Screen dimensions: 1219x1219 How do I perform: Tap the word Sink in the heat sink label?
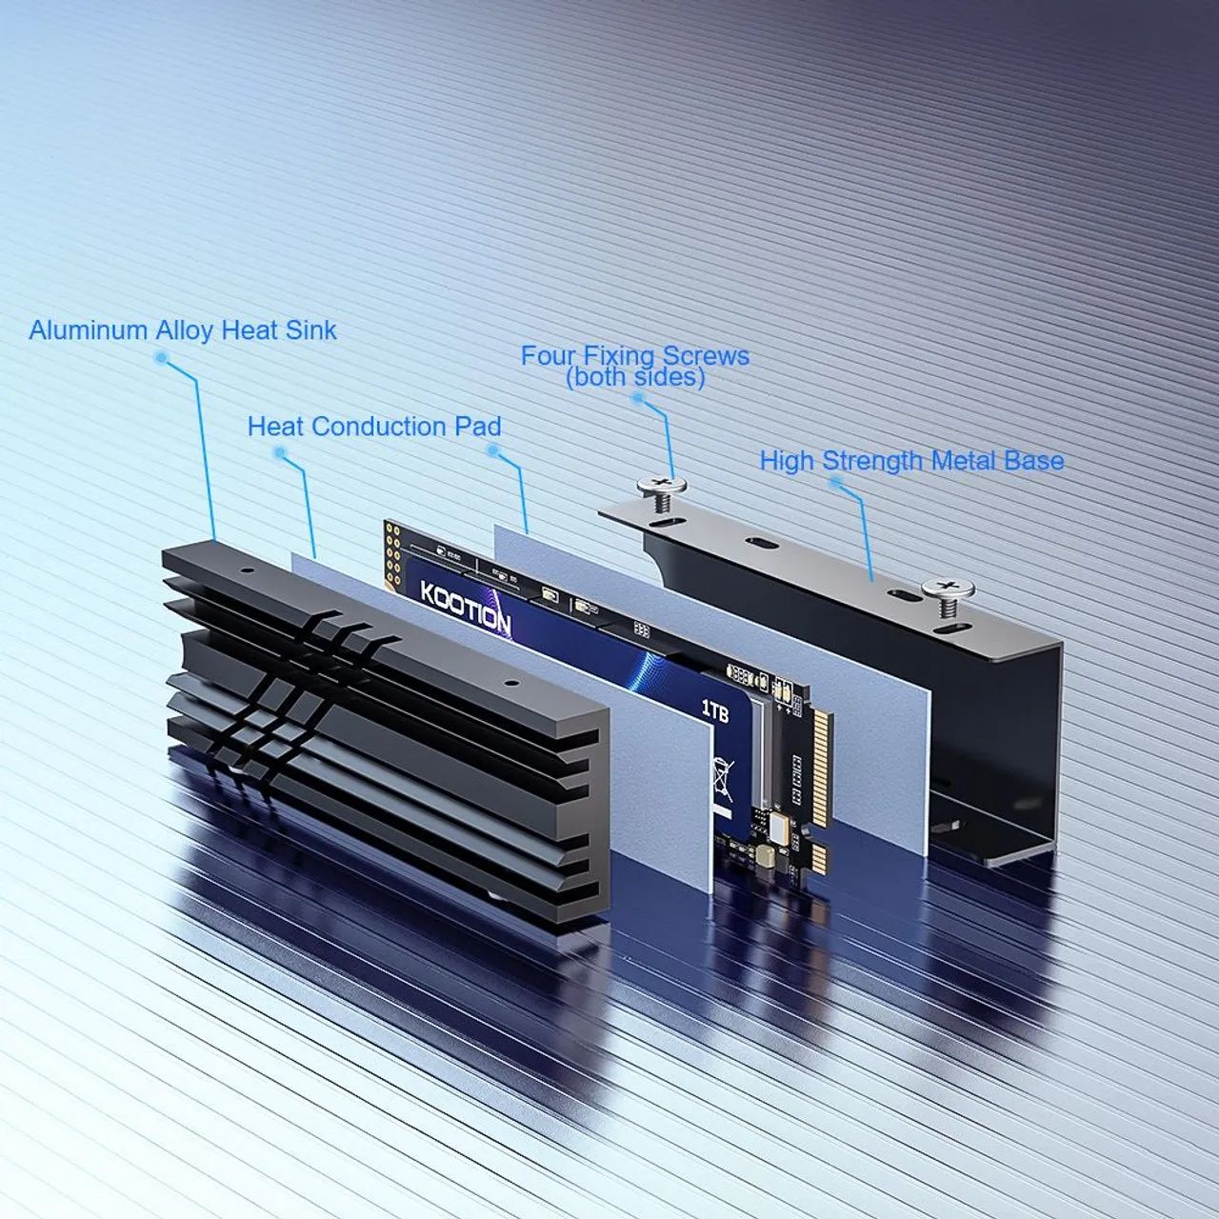(x=311, y=330)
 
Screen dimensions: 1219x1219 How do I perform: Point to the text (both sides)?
(x=635, y=377)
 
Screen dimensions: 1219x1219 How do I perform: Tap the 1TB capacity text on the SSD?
(x=714, y=710)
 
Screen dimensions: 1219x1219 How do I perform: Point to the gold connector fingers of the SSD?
(x=822, y=752)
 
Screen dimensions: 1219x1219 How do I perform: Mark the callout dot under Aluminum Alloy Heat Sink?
(x=161, y=359)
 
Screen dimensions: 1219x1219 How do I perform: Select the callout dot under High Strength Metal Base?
(x=835, y=482)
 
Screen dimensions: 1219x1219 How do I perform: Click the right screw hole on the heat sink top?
(x=510, y=683)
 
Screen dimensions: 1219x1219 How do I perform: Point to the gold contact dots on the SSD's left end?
(x=390, y=552)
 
